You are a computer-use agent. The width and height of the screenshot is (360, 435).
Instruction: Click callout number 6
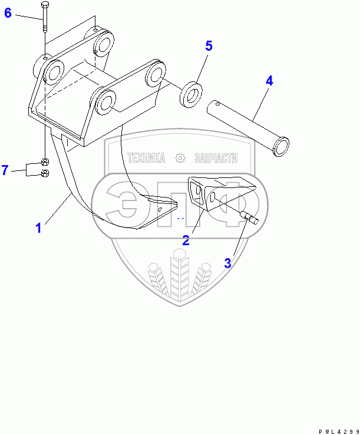(x=8, y=12)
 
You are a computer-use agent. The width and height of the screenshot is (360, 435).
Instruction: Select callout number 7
(x=5, y=170)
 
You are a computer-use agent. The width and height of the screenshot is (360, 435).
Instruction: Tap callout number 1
(x=38, y=228)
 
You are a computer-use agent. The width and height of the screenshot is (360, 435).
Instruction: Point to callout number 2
(x=186, y=240)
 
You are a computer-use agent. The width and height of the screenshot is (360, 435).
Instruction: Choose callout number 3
(x=228, y=263)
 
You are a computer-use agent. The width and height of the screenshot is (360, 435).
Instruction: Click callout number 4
(x=269, y=81)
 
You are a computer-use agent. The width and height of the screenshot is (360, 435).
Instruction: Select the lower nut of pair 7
(x=45, y=173)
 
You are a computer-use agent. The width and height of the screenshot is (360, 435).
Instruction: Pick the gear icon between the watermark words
(x=180, y=158)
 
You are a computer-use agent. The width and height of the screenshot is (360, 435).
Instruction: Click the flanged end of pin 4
(x=282, y=146)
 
